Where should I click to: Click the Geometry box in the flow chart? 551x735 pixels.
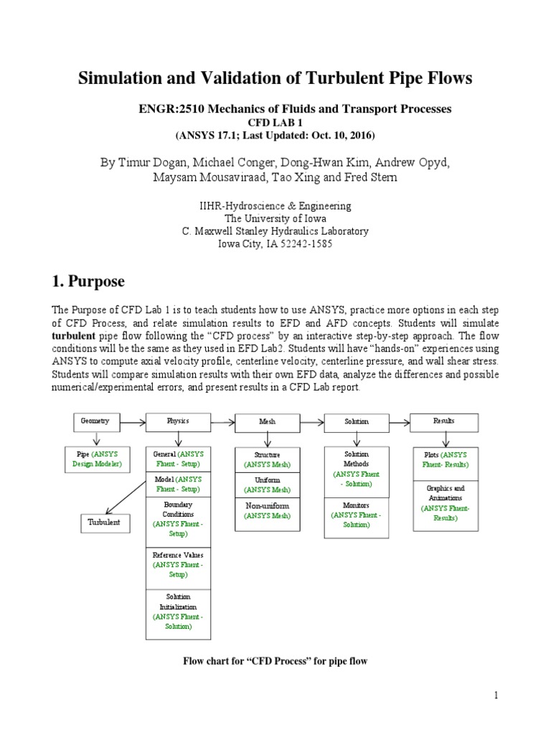coord(95,421)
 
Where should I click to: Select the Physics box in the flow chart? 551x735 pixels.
coord(178,421)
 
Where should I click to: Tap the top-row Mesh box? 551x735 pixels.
coord(267,422)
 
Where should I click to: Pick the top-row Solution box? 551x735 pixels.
coord(356,422)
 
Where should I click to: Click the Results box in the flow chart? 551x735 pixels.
coord(444,421)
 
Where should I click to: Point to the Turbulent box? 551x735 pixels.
coord(104,523)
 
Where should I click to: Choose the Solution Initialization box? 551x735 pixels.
coord(178,611)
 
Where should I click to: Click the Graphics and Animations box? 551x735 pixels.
coord(445,502)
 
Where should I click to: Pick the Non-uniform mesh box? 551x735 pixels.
coord(267,510)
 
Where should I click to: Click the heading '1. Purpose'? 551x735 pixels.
coord(88,281)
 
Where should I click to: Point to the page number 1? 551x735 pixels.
coord(495,696)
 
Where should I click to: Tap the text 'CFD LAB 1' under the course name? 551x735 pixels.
coord(275,123)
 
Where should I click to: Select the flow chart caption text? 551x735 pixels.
coord(275,660)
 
